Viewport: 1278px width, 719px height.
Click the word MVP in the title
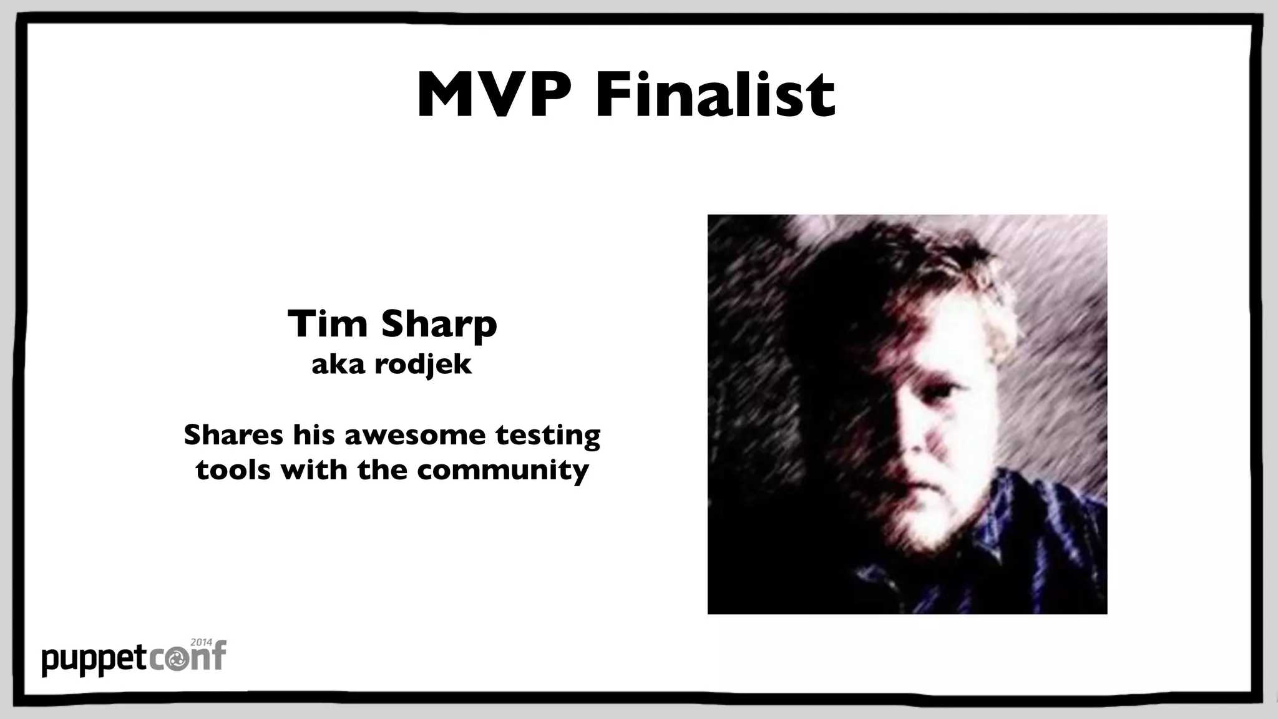(493, 95)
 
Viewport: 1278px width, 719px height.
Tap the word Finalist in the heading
(715, 95)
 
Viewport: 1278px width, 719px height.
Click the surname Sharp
(439, 325)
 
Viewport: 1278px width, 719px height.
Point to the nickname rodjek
(422, 364)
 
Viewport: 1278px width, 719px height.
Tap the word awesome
(414, 434)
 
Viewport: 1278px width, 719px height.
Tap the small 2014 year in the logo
(201, 642)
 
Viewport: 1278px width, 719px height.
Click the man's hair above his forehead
(917, 293)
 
